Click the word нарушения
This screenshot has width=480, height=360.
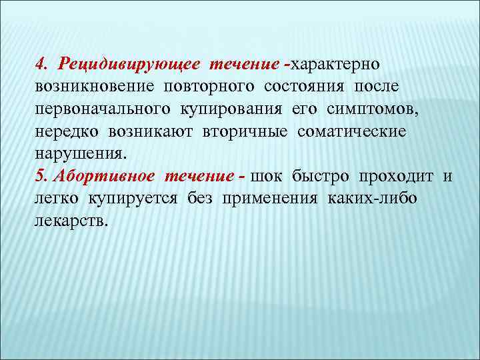click(79, 154)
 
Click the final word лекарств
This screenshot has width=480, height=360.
click(69, 221)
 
